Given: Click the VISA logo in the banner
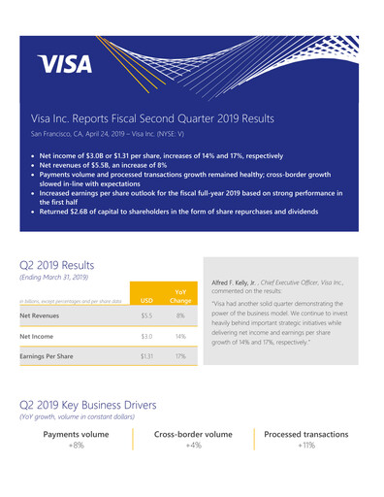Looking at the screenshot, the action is tap(66, 65).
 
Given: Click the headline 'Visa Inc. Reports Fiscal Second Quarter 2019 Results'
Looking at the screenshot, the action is tap(152, 118).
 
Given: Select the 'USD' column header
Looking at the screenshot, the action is tap(146, 300).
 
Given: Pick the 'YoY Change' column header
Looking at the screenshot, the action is tap(180, 295).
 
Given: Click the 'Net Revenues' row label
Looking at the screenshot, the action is tap(41, 315).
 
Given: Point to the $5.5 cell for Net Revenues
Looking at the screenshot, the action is tap(146, 315).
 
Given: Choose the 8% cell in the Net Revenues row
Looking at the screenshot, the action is tap(180, 315).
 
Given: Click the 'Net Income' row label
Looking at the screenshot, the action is tap(38, 336).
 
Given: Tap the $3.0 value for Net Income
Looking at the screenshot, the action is tap(146, 336).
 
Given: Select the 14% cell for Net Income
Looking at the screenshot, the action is tap(180, 336).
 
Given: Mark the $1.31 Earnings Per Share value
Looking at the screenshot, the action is tap(146, 356).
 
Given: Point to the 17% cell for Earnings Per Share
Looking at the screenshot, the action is tap(180, 356).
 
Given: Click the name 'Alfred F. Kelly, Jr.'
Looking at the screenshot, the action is tap(236, 282).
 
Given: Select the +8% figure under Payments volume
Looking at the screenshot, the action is tap(76, 446).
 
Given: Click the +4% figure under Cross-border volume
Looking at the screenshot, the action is tap(193, 446).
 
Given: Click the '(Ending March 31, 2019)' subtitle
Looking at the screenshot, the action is tap(53, 278).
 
